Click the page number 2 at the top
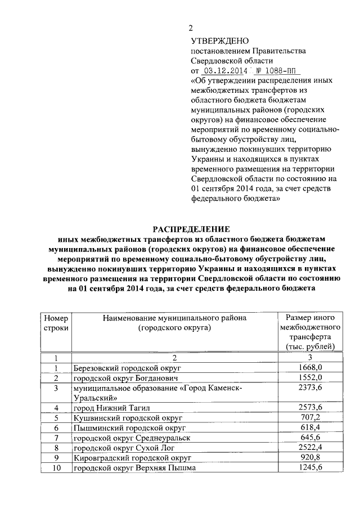[191, 29]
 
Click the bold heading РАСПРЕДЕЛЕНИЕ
[192, 229]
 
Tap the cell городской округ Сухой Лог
[123, 448]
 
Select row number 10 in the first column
[56, 468]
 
